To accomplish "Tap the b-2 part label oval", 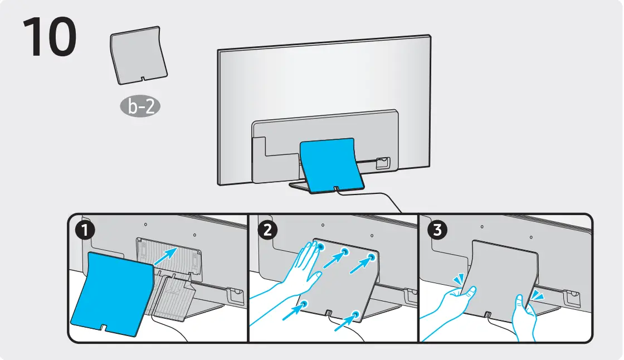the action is click(x=140, y=106).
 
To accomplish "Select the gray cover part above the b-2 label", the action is click(x=139, y=55).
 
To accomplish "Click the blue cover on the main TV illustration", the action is click(x=331, y=166).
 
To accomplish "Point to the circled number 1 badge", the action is click(x=85, y=231).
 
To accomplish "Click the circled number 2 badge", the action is click(x=267, y=230).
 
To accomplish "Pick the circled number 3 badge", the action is click(x=437, y=230).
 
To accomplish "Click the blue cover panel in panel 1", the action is click(x=111, y=293).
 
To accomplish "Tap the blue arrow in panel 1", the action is click(x=165, y=256).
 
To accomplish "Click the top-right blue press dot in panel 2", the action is click(x=372, y=257).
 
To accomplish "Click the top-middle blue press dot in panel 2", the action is click(x=345, y=252).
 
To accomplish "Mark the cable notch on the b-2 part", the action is click(x=143, y=79).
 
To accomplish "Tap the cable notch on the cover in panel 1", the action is click(x=104, y=327).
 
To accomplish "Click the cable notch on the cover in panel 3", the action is click(x=487, y=315).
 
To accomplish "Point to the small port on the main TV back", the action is click(x=383, y=163).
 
